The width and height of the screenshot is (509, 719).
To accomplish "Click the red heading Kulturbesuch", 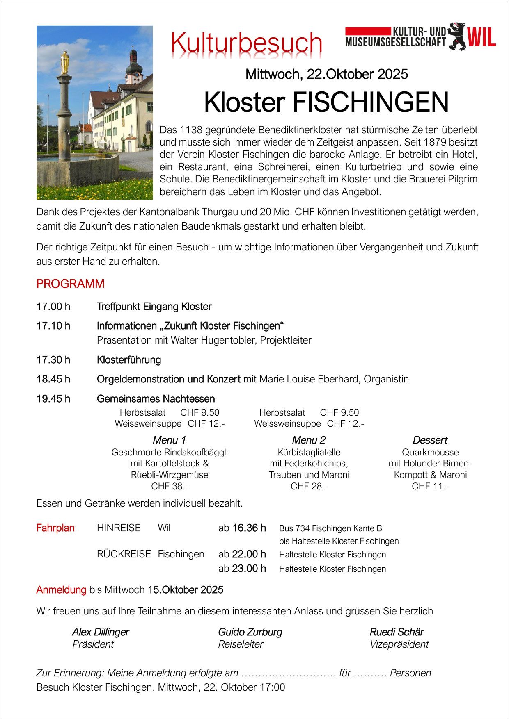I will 246,43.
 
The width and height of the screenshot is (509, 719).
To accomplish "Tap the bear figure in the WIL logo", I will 456,36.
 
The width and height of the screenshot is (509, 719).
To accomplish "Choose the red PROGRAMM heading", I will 70,284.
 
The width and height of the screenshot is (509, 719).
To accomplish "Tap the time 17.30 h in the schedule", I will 53,360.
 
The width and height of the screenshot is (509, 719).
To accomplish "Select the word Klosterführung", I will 129,360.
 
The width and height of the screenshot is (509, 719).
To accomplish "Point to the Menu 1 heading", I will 169,440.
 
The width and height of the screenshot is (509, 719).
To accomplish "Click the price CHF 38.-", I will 170,486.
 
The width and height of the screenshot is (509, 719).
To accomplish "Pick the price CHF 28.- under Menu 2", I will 309,486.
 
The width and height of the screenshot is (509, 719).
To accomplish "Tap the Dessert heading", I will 430,440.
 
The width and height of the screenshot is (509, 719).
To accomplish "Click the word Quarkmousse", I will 430,452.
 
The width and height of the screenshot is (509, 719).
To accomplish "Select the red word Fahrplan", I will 55,528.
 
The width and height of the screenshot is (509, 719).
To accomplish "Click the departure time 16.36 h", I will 249,528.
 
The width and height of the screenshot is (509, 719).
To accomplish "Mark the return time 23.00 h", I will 249,569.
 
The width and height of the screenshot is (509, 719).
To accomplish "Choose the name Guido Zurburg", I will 250,632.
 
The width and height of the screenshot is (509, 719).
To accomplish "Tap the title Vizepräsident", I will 399,644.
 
